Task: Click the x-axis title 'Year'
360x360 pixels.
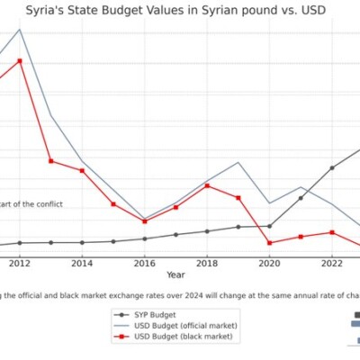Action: click(x=175, y=274)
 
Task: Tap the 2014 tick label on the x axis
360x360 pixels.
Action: click(x=82, y=263)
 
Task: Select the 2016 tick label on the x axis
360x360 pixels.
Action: click(x=144, y=263)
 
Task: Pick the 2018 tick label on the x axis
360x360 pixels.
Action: click(x=207, y=263)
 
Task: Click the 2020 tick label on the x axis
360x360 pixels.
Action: click(x=269, y=263)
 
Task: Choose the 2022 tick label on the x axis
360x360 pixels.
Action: click(x=331, y=263)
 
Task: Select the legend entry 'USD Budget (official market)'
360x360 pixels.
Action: click(x=185, y=325)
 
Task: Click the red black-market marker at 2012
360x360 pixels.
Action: click(x=20, y=60)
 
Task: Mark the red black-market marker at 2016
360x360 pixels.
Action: click(x=144, y=221)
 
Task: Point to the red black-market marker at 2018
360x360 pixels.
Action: click(x=207, y=185)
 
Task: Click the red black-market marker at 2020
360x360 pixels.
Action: click(x=269, y=243)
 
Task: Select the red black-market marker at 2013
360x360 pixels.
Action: click(x=51, y=160)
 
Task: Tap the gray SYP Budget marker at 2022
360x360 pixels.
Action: click(x=331, y=168)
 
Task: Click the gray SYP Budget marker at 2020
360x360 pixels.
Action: click(x=269, y=226)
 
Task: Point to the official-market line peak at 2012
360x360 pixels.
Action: click(x=20, y=30)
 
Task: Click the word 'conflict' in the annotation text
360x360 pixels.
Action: click(x=47, y=204)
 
